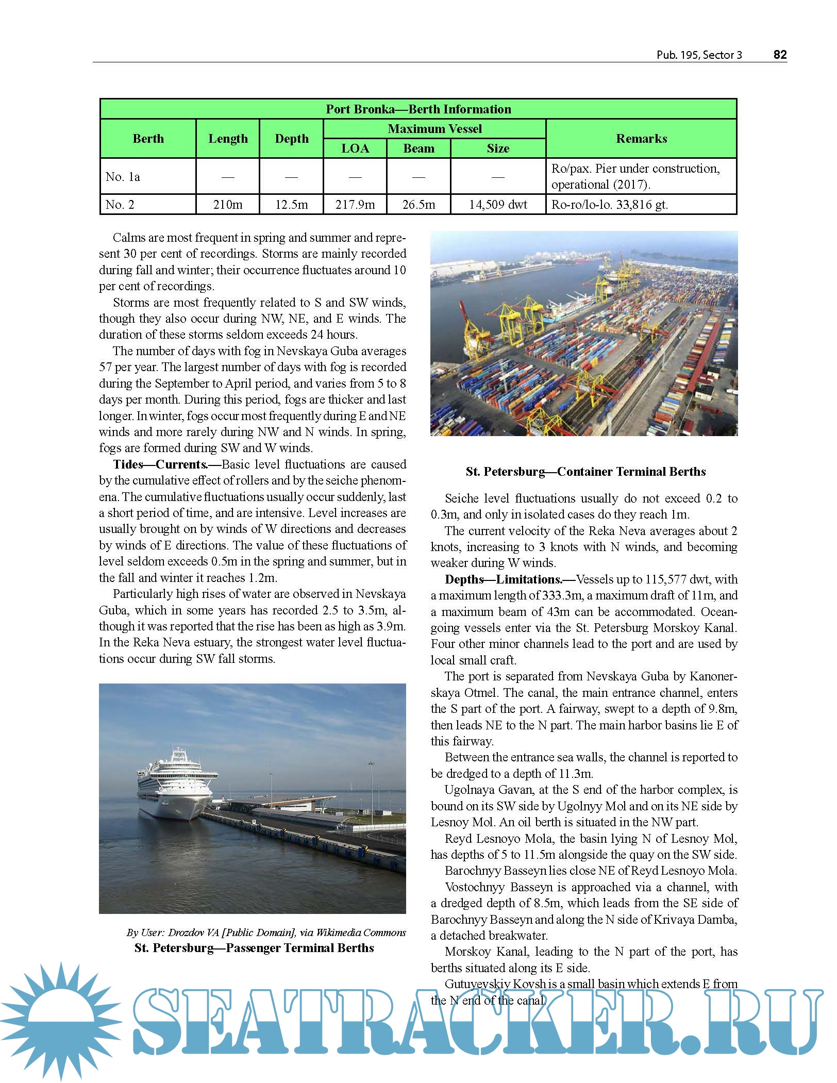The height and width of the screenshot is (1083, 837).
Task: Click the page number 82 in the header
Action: pos(780,55)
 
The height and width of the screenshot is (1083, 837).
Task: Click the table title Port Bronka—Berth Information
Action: pos(418,109)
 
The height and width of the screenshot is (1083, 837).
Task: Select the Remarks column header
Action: pos(641,139)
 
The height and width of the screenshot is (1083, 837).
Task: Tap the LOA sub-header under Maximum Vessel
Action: pos(355,148)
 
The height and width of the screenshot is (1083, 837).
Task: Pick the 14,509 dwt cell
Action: pos(498,205)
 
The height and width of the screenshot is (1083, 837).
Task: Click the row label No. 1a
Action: pos(123,177)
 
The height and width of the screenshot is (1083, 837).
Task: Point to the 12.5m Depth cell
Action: pos(291,205)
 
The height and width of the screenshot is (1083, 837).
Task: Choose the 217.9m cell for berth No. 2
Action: pos(355,205)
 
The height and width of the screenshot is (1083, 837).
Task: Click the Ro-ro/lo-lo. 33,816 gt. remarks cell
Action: pos(609,205)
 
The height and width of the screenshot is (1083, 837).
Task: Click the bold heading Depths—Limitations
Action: pos(503,579)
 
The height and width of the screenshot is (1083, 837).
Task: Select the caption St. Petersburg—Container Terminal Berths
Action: pos(585,472)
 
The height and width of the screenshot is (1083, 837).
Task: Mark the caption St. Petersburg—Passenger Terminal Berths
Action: pos(254,948)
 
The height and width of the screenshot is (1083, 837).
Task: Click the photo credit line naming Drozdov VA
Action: pos(266,932)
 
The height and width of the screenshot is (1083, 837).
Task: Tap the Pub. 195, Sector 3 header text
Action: pos(699,55)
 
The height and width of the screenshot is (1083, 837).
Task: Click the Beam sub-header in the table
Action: pos(418,148)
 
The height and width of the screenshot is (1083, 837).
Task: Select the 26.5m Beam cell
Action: pos(418,205)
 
